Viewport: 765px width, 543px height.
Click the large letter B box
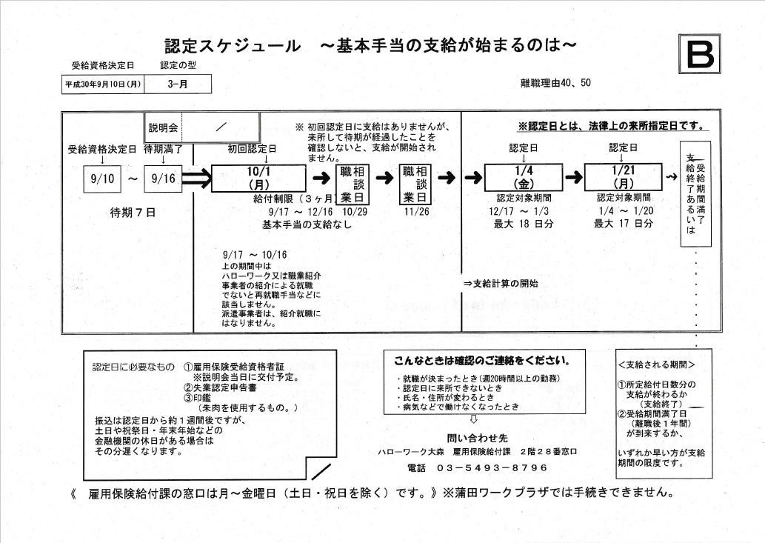(699, 54)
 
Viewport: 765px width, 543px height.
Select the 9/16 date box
(162, 179)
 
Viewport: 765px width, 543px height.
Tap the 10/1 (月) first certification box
(258, 178)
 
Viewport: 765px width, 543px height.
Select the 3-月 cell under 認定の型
(177, 84)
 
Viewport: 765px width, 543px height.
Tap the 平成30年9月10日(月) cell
(101, 84)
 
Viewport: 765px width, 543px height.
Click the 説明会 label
(163, 127)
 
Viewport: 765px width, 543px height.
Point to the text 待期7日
(133, 213)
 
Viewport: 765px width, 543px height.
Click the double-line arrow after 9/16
(196, 179)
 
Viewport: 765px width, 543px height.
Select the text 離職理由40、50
(555, 82)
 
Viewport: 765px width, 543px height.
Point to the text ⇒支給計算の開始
(501, 283)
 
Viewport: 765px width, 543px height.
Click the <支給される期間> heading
(656, 365)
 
